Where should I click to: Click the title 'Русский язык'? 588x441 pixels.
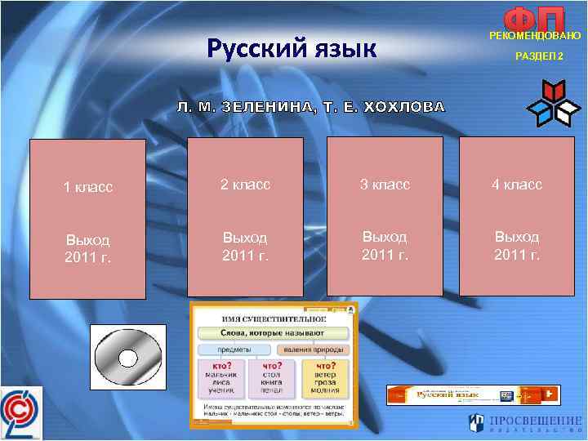click(x=291, y=49)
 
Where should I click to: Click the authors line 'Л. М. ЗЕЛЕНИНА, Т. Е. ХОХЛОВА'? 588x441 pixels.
click(x=313, y=107)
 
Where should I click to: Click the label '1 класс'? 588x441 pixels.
click(x=87, y=187)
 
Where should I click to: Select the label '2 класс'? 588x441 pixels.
click(x=246, y=185)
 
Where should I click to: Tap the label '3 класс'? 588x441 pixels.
click(x=385, y=185)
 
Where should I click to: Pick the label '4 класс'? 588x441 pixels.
click(x=516, y=185)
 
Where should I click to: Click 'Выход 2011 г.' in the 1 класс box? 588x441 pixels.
click(x=87, y=249)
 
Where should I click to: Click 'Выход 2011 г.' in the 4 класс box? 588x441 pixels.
click(x=516, y=245)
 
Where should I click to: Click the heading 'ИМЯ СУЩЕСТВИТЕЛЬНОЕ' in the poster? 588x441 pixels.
click(x=260, y=315)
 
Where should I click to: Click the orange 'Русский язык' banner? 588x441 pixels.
click(x=474, y=394)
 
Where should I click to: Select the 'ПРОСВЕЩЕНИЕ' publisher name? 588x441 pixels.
click(x=534, y=421)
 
